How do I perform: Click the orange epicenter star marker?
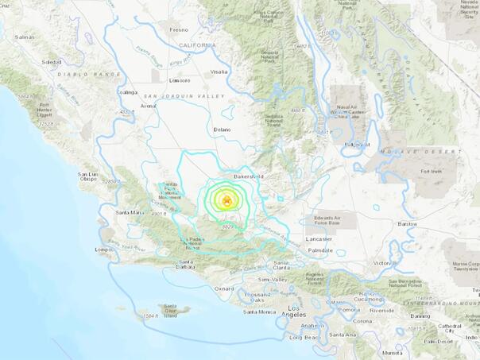[x=226, y=199]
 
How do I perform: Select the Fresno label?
[x=178, y=30]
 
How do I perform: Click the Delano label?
[x=221, y=129]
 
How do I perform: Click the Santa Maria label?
[x=130, y=212]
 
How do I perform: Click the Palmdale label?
[x=320, y=250]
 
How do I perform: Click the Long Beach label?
[x=303, y=338]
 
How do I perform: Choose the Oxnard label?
[x=224, y=288]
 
